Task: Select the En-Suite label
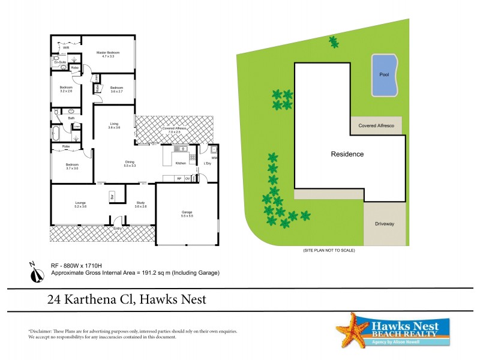(60, 62)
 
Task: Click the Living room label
(114, 125)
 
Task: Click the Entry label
(118, 228)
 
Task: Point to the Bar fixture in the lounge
(112, 196)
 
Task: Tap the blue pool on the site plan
(384, 76)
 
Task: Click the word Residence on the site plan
(347, 154)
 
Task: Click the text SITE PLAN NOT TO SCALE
(329, 251)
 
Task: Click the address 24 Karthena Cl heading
(127, 299)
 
